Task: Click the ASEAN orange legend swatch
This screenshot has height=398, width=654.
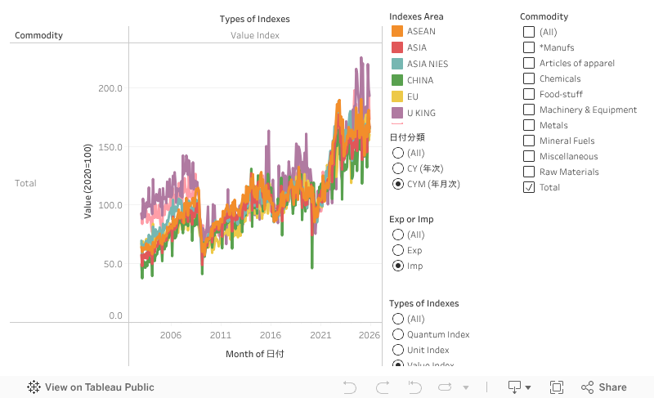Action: click(397, 31)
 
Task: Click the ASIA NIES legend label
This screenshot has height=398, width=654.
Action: click(427, 64)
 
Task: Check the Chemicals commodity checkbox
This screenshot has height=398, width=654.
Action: click(528, 78)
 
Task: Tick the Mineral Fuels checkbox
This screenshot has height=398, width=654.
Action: click(528, 141)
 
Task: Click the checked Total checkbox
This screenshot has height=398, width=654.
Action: click(528, 187)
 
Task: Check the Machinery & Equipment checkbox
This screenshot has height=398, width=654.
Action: click(528, 110)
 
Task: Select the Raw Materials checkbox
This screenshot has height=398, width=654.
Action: click(528, 172)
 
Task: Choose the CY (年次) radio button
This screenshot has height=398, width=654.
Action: click(398, 168)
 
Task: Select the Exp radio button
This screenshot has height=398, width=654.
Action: click(398, 250)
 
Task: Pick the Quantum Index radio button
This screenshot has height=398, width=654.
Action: click(398, 334)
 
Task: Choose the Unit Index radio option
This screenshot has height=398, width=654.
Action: click(398, 350)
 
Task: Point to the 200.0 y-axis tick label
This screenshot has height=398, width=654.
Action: click(110, 88)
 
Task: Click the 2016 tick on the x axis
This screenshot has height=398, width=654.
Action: click(271, 335)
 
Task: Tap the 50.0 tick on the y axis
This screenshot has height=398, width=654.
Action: click(113, 264)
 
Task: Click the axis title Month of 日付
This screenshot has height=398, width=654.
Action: click(255, 354)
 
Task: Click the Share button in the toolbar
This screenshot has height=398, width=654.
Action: click(604, 387)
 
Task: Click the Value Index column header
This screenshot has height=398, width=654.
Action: click(255, 35)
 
